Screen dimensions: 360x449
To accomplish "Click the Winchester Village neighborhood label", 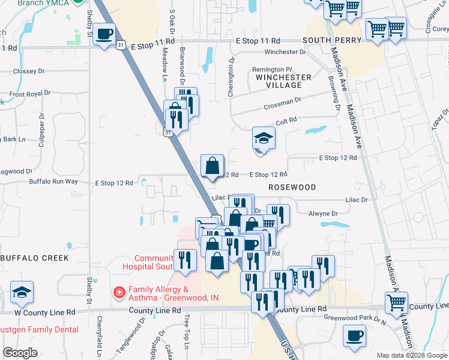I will (283, 81).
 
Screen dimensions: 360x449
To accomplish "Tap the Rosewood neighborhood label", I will (292, 187).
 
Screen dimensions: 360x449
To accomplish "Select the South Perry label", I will (332, 40).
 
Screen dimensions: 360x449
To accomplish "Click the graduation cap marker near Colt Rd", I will (263, 139).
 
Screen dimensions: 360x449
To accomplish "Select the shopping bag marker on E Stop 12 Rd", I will (212, 166).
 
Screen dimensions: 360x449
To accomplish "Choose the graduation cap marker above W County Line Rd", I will (22, 292).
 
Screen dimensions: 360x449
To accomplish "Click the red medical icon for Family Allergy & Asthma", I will (119, 293).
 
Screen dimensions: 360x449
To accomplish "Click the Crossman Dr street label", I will (282, 106).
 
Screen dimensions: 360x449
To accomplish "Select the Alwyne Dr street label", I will (323, 213).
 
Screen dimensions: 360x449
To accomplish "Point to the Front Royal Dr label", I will (29, 94).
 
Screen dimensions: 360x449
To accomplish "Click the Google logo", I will (20, 353).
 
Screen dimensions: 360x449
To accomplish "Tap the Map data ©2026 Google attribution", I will (411, 355).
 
